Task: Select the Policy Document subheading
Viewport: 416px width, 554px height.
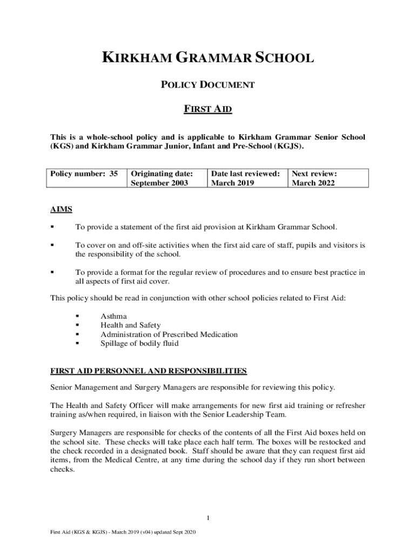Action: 208,85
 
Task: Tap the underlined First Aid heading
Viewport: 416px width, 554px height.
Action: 208,109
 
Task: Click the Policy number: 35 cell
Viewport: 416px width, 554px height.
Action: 84,174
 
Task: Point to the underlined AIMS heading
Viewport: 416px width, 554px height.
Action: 61,209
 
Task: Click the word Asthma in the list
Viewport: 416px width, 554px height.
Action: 113,316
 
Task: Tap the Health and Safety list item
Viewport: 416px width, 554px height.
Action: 130,325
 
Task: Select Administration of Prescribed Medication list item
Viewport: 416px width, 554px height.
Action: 169,334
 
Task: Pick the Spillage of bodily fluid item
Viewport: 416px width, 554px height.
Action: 139,343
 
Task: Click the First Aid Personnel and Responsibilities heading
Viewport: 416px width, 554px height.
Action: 149,371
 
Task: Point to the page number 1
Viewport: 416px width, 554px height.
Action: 208,518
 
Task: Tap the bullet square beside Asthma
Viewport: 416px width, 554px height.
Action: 78,316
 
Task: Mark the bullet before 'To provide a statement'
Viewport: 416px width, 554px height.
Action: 52,227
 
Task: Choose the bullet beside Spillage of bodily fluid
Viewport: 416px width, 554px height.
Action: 78,343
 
